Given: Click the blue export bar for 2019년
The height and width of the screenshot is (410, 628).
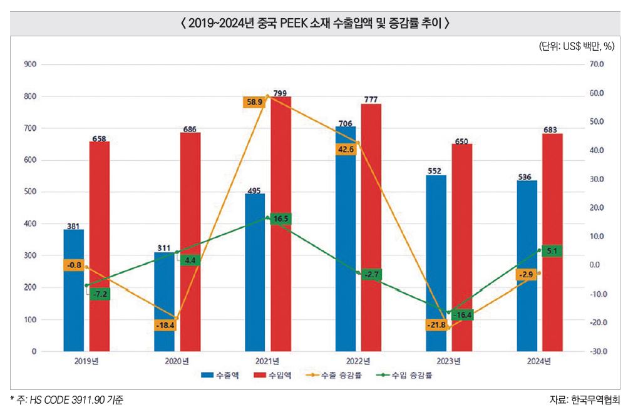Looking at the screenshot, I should coord(73,290).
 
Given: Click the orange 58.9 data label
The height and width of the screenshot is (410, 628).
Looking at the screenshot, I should coord(255,101).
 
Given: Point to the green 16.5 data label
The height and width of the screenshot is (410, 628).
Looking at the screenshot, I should coord(281,218).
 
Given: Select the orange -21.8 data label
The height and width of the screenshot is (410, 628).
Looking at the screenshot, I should coord(436,325).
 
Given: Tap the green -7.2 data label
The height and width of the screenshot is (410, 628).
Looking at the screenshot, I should coord(100,294).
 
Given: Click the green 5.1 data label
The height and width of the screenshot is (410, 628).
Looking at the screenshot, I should coord(552,250).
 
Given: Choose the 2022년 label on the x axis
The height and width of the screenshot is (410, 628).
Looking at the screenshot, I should coord(358,361).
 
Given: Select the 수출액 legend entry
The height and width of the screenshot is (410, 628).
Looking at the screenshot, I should coord(216,376).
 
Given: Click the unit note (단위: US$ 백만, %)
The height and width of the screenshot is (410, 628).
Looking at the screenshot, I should coord(577,47).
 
